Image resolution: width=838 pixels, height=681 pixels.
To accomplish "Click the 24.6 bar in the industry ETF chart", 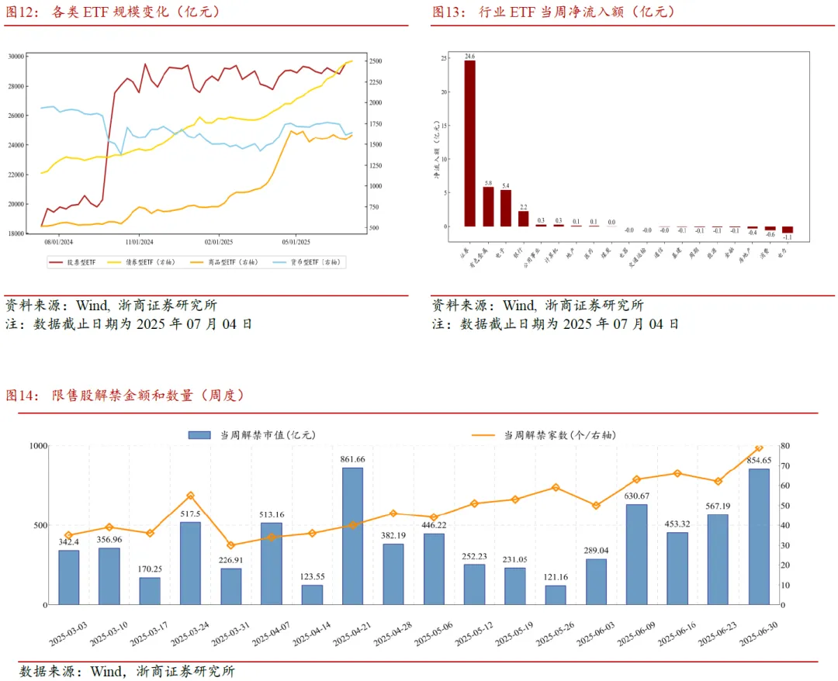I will pyautogui.click(x=470, y=143).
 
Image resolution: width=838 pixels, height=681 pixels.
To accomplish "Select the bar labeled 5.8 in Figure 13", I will pyautogui.click(x=488, y=206).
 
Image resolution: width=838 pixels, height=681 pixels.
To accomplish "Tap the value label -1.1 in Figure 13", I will pyautogui.click(x=788, y=237).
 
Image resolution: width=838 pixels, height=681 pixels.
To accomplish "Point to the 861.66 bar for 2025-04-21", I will pyautogui.click(x=352, y=535).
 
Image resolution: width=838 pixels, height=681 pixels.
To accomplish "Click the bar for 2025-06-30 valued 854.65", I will pyautogui.click(x=759, y=536).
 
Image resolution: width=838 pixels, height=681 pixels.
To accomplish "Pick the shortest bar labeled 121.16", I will pyautogui.click(x=556, y=594).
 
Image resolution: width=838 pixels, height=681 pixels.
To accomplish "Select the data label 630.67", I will pyautogui.click(x=636, y=496).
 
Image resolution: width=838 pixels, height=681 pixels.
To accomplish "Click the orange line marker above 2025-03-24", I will pyautogui.click(x=191, y=496).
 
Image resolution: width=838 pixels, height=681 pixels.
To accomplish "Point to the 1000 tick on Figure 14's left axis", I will pyautogui.click(x=38, y=446).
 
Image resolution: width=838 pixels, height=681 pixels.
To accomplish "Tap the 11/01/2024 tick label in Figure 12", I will pyautogui.click(x=139, y=241).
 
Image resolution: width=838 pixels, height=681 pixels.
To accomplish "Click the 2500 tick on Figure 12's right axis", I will pyautogui.click(x=376, y=60).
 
